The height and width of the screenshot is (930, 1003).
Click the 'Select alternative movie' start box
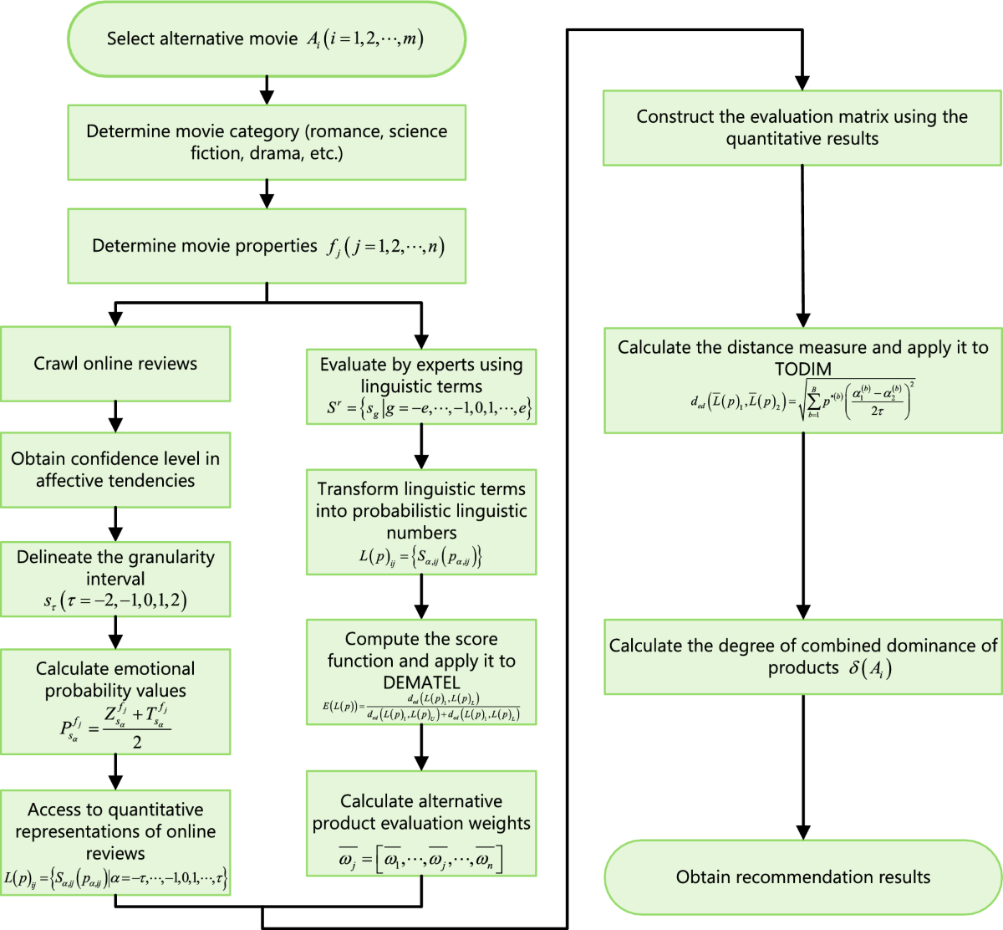pyautogui.click(x=266, y=39)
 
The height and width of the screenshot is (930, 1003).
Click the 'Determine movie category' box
pyautogui.click(x=266, y=142)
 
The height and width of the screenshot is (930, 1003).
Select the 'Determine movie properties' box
pyautogui.click(x=266, y=246)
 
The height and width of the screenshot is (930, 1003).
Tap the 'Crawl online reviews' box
pyautogui.click(x=115, y=364)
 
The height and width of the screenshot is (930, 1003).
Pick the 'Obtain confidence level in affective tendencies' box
pyautogui.click(x=115, y=469)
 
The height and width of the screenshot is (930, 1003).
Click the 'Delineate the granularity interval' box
pyautogui.click(x=115, y=579)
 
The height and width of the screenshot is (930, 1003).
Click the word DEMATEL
pyautogui.click(x=421, y=682)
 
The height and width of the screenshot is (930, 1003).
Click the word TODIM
pyautogui.click(x=802, y=369)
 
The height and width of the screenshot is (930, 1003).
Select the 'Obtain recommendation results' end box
pyautogui.click(x=802, y=877)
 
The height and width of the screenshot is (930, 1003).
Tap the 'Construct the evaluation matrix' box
pyautogui.click(x=802, y=128)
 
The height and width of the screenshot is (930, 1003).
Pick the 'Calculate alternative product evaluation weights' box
pyautogui.click(x=421, y=824)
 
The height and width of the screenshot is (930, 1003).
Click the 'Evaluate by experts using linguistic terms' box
pyautogui.click(x=421, y=386)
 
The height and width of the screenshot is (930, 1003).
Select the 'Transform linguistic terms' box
pyautogui.click(x=421, y=522)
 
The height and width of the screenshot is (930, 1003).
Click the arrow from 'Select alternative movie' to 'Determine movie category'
pyautogui.click(x=267, y=89)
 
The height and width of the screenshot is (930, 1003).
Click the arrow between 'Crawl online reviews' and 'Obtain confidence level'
pyautogui.click(x=115, y=416)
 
